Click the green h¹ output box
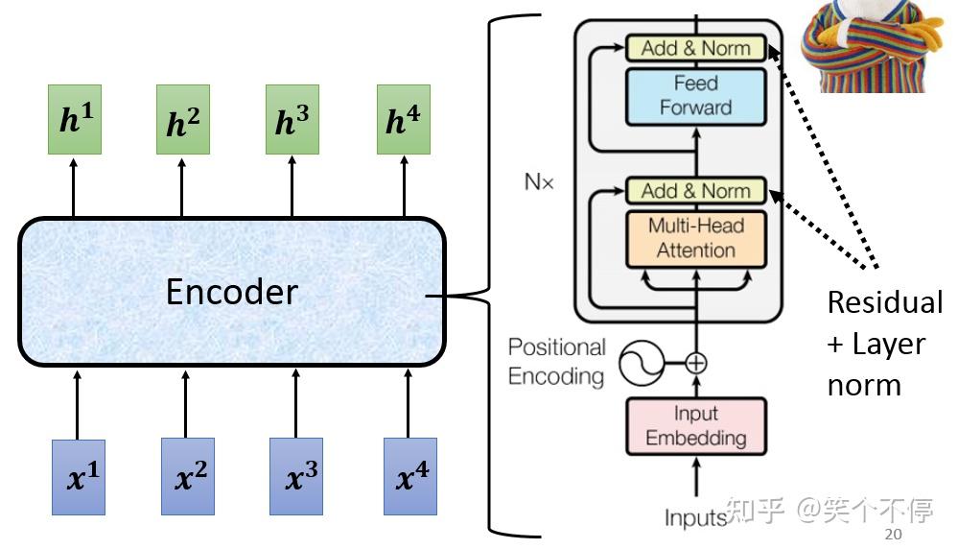click(75, 119)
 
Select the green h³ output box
click(292, 119)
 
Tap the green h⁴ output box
click(403, 119)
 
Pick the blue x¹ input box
click(79, 477)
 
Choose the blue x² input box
click(188, 476)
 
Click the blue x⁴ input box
click(410, 476)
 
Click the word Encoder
click(231, 292)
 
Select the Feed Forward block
click(696, 97)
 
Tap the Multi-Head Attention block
click(696, 239)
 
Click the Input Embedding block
click(696, 426)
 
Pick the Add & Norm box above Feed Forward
click(696, 48)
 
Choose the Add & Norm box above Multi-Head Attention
click(696, 191)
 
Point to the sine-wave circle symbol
click(642, 363)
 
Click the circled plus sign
click(696, 363)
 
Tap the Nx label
click(539, 181)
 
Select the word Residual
click(885, 302)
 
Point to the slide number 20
click(893, 535)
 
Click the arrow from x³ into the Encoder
click(295, 403)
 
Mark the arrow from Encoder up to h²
click(181, 188)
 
